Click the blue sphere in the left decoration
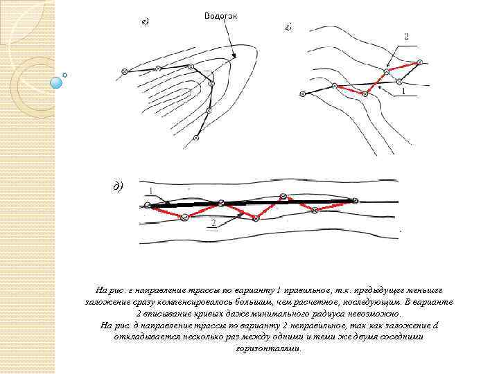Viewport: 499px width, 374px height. [57, 82]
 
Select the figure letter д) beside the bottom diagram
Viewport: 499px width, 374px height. [119, 186]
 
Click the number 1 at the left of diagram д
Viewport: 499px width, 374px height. [151, 190]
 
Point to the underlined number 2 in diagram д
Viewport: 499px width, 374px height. [213, 222]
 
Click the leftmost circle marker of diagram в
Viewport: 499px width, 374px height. [124, 71]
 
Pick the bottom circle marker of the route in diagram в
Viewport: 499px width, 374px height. [196, 139]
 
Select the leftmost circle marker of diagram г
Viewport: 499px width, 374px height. [302, 92]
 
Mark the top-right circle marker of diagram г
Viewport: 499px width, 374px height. [419, 63]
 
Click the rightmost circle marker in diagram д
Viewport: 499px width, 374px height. [356, 201]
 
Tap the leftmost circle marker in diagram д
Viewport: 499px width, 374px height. [148, 206]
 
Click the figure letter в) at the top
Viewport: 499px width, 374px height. [145, 21]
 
